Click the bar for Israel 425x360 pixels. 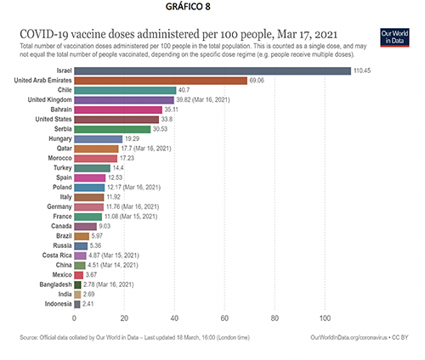coord(212,70)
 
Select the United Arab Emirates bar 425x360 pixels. coord(161,81)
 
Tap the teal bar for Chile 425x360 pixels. coord(125,90)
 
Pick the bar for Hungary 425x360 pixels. coord(99,139)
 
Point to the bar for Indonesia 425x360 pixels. coord(77,304)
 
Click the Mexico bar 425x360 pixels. coord(79,275)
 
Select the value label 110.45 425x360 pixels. coord(362,70)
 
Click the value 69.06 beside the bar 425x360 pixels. coord(257,81)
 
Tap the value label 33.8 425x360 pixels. coord(167,120)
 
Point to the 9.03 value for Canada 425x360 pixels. coord(105,226)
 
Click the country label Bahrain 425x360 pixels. coord(61,110)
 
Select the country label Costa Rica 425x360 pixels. coord(57,256)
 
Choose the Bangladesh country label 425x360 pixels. coord(56,284)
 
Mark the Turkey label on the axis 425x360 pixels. coord(63,168)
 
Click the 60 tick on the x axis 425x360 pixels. coord(224,318)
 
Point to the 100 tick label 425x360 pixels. coord(325,318)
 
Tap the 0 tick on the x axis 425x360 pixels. coord(74,318)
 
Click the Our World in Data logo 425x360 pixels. coord(394,37)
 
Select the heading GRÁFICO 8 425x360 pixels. coord(188,7)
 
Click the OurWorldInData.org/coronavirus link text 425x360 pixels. coord(348,337)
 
